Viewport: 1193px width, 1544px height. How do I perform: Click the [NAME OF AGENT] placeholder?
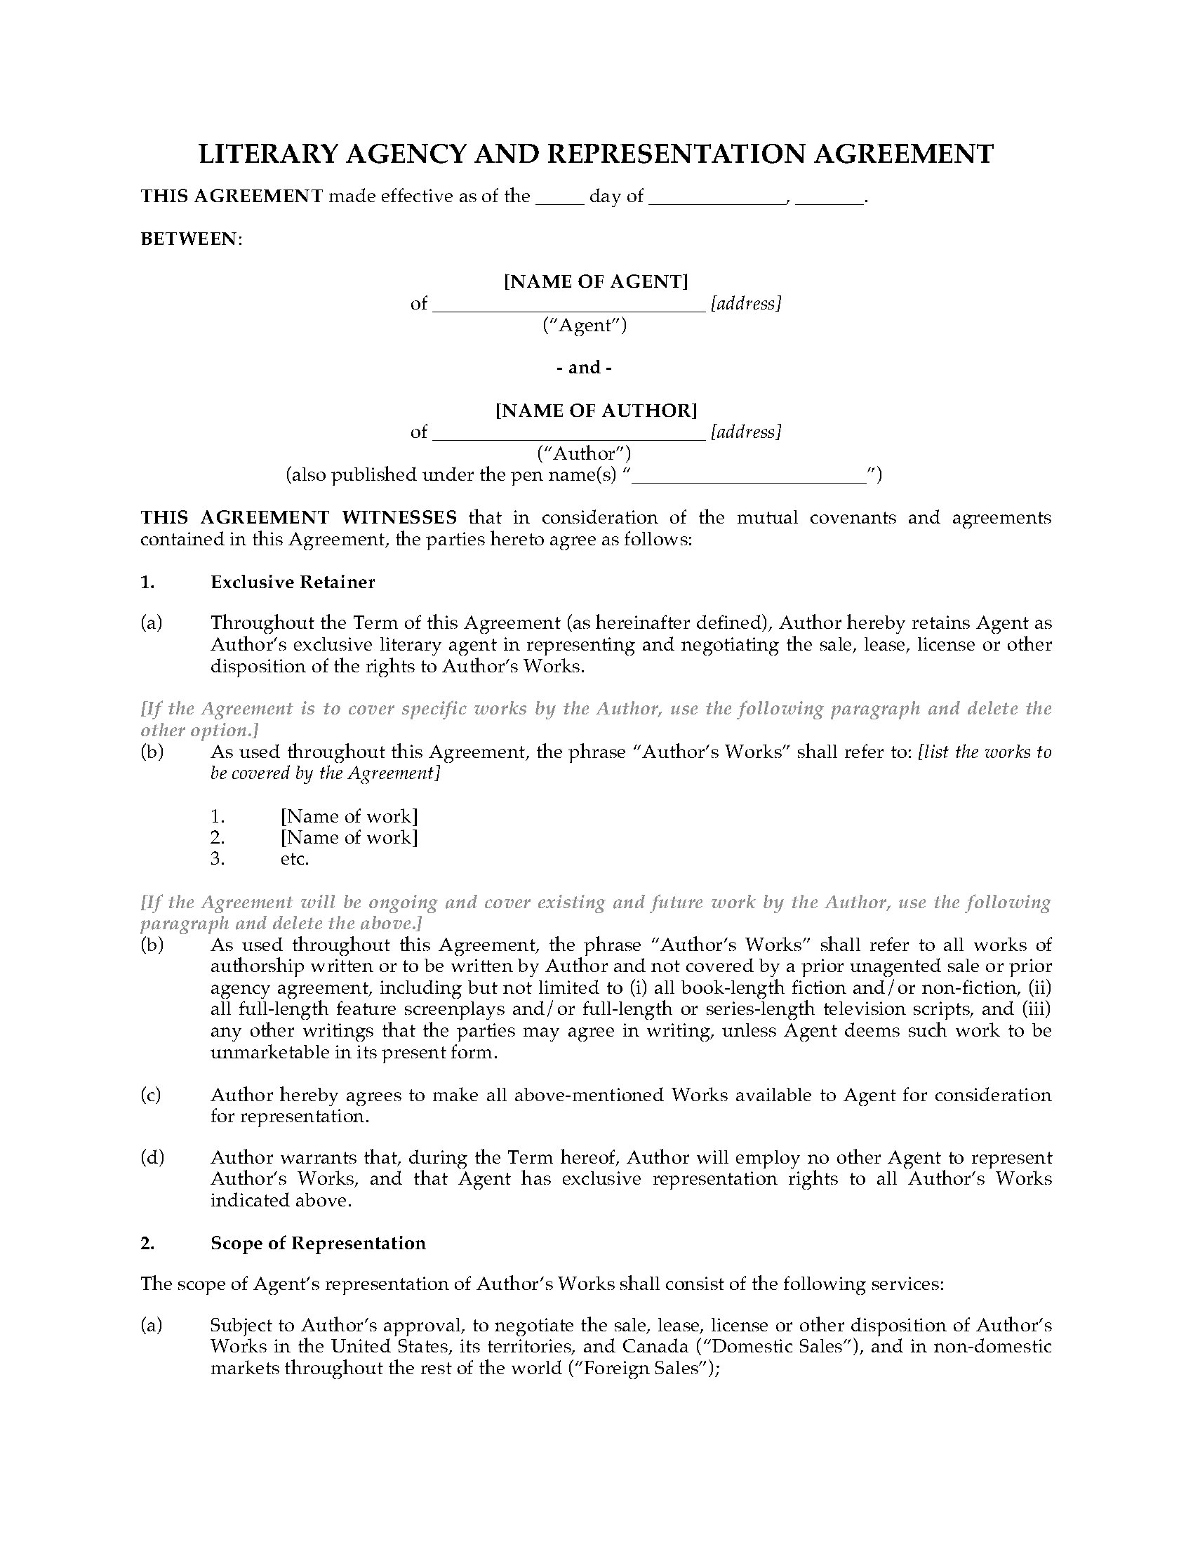coord(595,281)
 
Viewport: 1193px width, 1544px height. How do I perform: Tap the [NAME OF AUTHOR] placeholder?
coord(596,410)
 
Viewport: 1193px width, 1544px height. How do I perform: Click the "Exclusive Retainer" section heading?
coord(293,582)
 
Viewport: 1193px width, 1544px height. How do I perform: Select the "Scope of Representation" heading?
coord(318,1243)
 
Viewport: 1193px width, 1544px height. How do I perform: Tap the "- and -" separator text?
coord(584,367)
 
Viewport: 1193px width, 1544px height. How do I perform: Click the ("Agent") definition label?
coord(585,324)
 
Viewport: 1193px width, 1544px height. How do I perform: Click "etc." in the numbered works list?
coord(295,859)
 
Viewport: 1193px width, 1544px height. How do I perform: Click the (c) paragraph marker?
coord(151,1095)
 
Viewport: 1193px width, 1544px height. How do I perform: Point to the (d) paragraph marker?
coord(152,1157)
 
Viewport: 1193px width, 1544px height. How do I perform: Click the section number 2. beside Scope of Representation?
coord(147,1243)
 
